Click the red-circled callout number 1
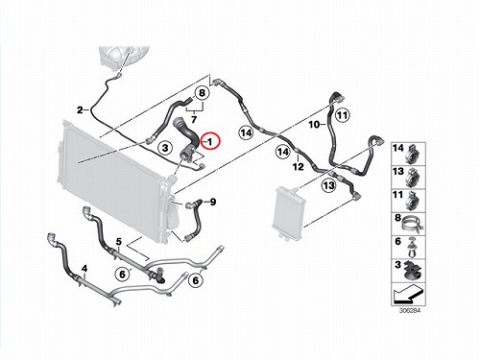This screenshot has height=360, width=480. [x=210, y=141]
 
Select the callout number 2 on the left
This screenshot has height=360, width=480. [x=80, y=110]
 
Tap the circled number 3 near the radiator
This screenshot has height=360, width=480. [x=165, y=148]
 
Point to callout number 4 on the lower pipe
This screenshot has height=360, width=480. [x=84, y=269]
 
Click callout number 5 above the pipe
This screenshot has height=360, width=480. [x=119, y=241]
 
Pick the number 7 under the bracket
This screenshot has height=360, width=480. [x=194, y=120]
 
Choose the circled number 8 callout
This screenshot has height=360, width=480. [x=202, y=93]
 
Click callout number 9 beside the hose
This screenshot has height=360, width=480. [x=213, y=202]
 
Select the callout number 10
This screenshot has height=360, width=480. [x=314, y=124]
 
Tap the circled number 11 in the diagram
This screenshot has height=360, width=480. [x=343, y=115]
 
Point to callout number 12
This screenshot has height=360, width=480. [x=299, y=166]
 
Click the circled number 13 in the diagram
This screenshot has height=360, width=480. [x=328, y=185]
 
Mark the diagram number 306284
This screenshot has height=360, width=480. [x=409, y=311]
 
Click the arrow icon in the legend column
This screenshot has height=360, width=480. [x=408, y=295]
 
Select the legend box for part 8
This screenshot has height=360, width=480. [x=408, y=224]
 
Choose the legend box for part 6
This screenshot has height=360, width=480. [x=408, y=248]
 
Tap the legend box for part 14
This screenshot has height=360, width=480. [x=408, y=154]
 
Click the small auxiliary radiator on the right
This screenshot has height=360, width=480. [x=289, y=212]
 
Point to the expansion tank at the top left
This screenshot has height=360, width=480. [x=124, y=57]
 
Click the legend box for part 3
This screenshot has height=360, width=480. [x=408, y=271]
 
